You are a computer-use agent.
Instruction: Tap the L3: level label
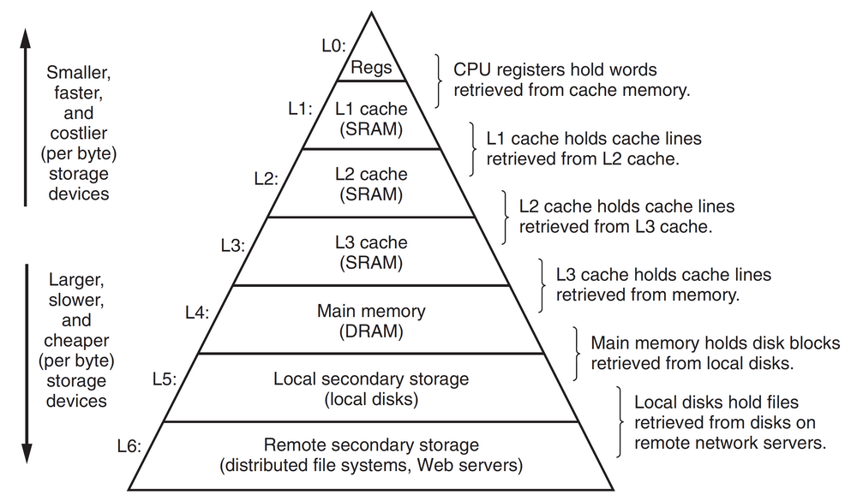(232, 246)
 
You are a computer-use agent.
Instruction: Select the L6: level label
(129, 444)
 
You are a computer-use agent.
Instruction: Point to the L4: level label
(197, 312)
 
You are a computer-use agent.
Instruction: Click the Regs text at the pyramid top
(371, 67)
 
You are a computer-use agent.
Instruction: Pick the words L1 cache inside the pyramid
(371, 109)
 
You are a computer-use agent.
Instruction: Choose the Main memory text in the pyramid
(371, 310)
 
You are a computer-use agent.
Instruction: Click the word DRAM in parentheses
(371, 330)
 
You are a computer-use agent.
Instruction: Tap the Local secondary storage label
(371, 378)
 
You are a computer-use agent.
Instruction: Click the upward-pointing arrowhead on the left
(26, 36)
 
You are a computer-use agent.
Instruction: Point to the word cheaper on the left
(76, 339)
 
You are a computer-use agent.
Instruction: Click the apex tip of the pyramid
(371, 12)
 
